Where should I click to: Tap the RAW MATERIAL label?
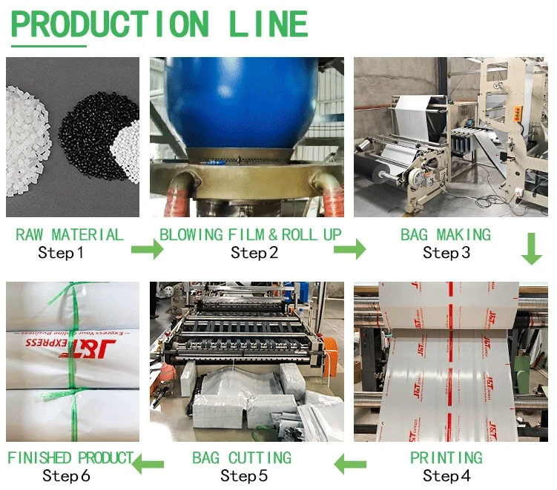tap(70, 235)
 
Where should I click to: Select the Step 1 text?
tap(61, 254)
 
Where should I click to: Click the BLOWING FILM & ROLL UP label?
tap(251, 235)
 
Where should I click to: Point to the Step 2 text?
tap(254, 254)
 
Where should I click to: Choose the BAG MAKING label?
tap(446, 235)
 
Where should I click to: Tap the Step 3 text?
tap(446, 254)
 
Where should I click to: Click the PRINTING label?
tap(446, 458)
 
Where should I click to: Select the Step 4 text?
tap(446, 476)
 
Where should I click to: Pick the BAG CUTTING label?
tap(242, 458)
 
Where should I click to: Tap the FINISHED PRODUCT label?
tap(70, 458)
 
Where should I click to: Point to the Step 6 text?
tap(66, 476)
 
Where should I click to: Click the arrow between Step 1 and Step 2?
tap(147, 249)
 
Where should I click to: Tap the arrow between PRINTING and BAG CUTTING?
tap(352, 465)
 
